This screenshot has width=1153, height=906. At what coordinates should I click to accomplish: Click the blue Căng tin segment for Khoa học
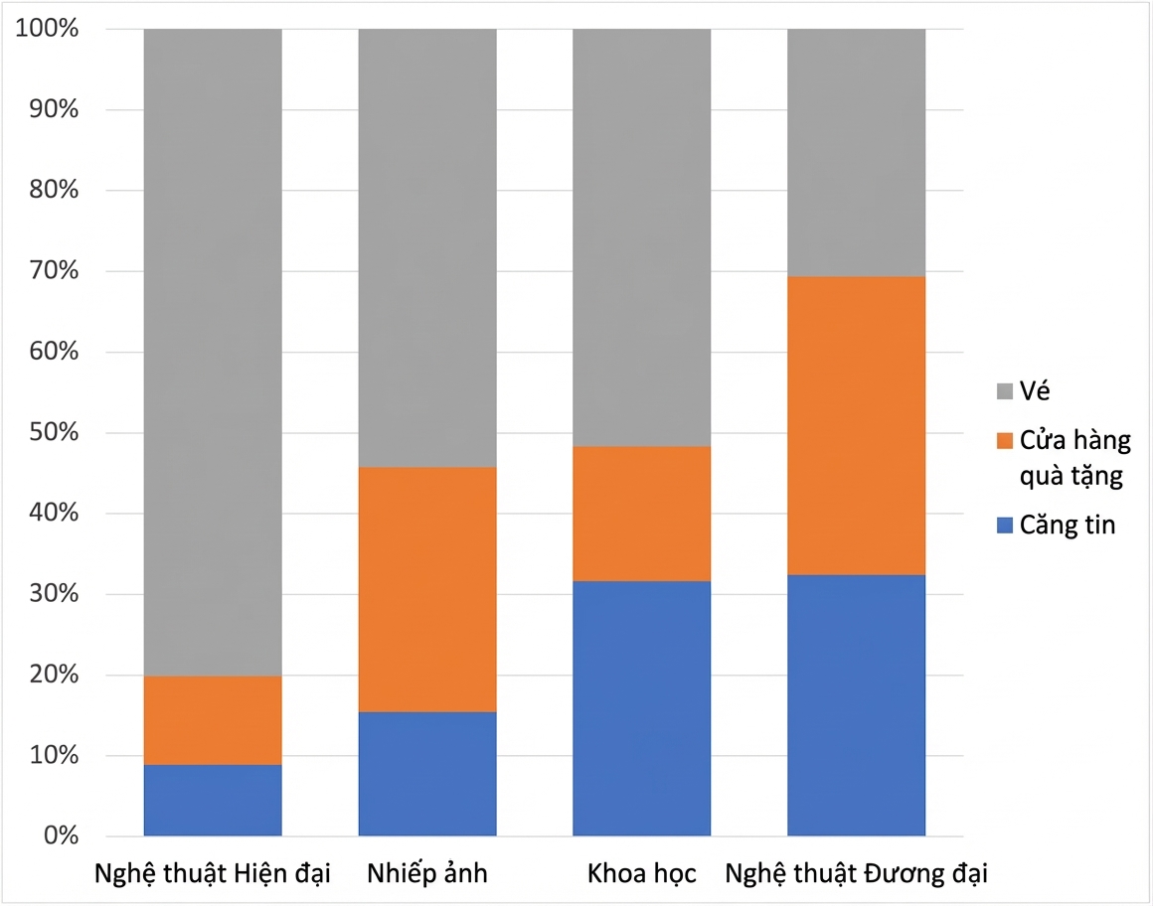tap(641, 708)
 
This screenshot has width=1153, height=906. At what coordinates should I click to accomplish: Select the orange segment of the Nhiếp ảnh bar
tap(427, 589)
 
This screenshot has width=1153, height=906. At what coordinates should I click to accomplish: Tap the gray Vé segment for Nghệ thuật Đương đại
tap(856, 153)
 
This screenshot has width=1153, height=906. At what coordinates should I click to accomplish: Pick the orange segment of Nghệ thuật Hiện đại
tap(213, 720)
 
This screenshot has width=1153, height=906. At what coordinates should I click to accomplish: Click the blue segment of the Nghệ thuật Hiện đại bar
tap(213, 800)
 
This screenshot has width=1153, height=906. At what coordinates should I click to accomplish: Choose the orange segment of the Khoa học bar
tap(641, 514)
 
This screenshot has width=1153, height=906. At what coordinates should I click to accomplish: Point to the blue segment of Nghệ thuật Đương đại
tap(856, 705)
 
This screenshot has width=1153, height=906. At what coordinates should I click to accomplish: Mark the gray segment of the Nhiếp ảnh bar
tap(427, 248)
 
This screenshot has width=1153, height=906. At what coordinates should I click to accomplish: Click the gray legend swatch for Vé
tap(1005, 391)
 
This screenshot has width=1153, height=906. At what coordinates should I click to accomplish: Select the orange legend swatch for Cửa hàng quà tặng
tap(1005, 440)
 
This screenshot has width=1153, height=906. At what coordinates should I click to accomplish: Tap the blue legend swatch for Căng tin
tap(1005, 526)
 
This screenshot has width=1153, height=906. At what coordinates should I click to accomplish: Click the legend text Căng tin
tap(1067, 526)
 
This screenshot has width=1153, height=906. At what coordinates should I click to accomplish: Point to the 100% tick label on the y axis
tap(47, 28)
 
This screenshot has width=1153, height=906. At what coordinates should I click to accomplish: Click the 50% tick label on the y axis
tap(54, 432)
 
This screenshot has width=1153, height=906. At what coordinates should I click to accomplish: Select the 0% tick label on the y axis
tap(61, 835)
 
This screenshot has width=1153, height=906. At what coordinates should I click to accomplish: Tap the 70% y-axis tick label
tap(54, 270)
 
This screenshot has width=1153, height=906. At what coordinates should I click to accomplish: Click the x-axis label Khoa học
tap(641, 873)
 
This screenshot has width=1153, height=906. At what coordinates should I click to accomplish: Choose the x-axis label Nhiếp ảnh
tap(427, 873)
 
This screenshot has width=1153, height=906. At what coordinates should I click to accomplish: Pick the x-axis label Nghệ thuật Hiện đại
tap(213, 873)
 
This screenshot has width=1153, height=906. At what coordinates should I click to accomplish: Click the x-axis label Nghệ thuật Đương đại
tap(856, 873)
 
